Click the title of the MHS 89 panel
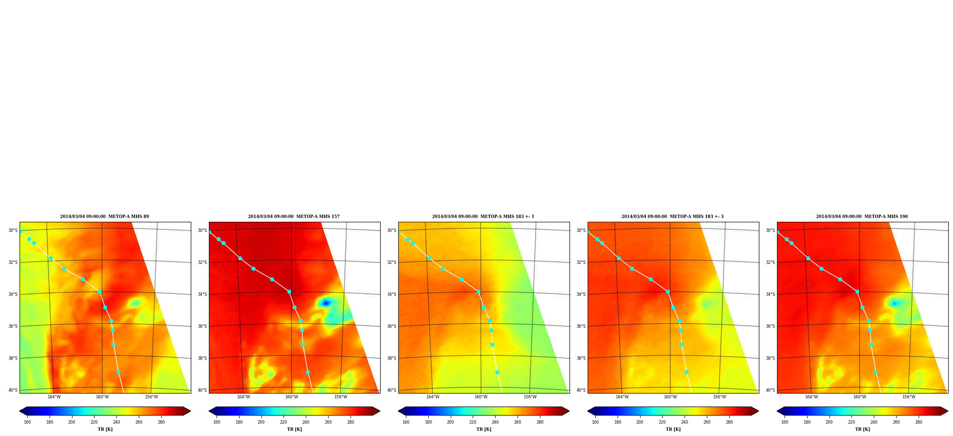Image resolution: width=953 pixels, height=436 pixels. [x=104, y=217]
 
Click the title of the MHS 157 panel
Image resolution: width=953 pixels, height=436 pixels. [x=294, y=217]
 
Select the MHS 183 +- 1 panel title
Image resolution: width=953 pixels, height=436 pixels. [x=483, y=217]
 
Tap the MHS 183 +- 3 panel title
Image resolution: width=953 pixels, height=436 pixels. [x=673, y=217]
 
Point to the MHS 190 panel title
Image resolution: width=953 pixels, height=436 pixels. [x=862, y=217]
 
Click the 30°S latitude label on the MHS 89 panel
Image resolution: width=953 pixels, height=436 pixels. [x=13, y=230]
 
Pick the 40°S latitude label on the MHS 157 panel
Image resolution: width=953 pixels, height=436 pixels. [x=202, y=390]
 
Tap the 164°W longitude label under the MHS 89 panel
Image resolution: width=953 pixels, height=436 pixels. [x=54, y=397]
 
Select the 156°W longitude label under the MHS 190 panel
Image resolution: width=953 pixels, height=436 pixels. [x=909, y=397]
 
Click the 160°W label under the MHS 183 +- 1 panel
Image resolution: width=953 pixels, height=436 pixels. [x=481, y=397]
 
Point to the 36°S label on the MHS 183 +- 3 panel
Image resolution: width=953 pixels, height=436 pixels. [x=581, y=326]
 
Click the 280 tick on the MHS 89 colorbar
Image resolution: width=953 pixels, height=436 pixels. [x=161, y=422]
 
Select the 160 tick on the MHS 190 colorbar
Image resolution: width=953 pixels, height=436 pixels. [x=785, y=422]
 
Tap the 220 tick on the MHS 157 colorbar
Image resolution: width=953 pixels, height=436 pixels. [x=283, y=422]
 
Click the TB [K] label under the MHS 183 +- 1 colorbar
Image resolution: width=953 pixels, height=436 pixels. [x=484, y=429]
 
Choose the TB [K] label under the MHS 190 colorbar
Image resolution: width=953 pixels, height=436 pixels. [x=862, y=429]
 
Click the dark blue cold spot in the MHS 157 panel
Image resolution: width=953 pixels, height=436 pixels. [x=326, y=303]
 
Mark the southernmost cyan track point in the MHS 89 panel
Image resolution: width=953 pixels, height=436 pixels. [x=118, y=372]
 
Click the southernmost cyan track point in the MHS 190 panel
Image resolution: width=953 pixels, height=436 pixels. [x=876, y=372]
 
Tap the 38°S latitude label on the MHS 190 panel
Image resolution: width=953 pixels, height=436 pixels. [x=770, y=358]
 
